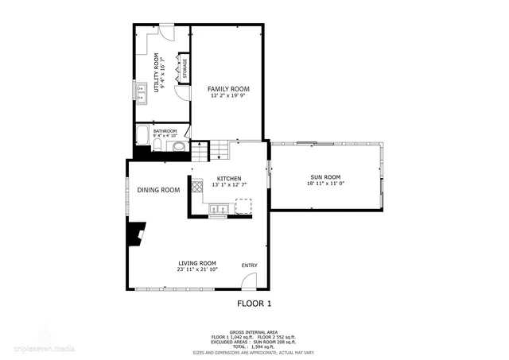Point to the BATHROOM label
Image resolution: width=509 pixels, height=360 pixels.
165,131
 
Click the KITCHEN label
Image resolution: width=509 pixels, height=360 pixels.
229,178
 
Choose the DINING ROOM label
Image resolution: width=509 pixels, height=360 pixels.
158,190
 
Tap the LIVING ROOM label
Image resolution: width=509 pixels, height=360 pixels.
196,263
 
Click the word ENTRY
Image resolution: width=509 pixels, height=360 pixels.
250,265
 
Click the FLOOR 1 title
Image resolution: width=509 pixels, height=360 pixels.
254,304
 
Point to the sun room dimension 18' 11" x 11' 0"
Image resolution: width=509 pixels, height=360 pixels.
325,184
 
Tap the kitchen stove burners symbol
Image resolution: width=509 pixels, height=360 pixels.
196,189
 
